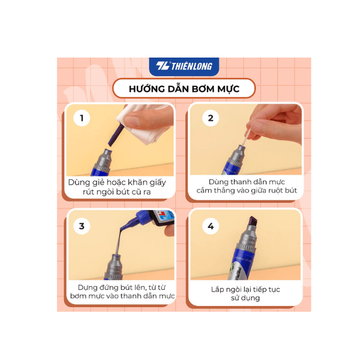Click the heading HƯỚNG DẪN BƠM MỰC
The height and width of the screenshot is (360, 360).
click(x=184, y=89)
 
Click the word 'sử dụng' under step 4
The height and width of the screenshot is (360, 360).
click(x=244, y=298)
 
